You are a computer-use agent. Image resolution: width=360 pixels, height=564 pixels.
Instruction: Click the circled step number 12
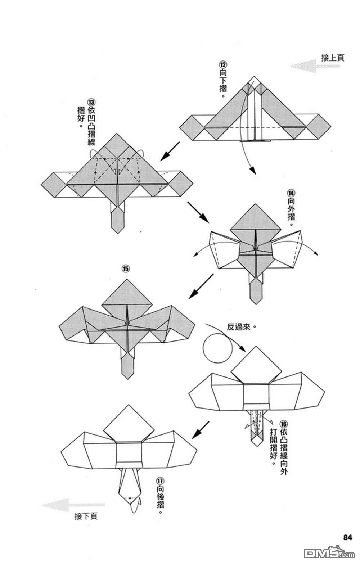pos(223,65)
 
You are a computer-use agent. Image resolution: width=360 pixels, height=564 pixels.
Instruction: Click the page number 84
pos(347,537)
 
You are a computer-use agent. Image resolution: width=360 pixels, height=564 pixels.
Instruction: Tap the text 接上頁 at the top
pos(333,58)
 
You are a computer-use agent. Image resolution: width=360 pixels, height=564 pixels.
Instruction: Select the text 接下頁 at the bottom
pos(86,516)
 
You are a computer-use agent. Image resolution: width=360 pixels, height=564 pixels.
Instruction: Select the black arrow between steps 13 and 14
pos(198,212)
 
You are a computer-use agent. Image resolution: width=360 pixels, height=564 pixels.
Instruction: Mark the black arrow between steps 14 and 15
pos(200,286)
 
